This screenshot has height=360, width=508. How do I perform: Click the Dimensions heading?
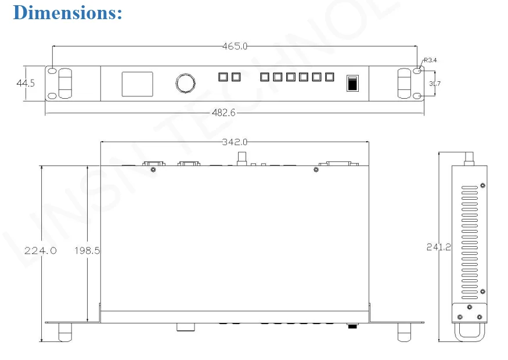(67, 13)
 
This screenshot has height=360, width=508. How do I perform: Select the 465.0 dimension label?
(235, 46)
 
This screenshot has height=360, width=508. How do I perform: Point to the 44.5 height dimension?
(26, 83)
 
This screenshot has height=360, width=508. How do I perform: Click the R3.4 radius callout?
(430, 60)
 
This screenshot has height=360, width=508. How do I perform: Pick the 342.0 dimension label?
(235, 141)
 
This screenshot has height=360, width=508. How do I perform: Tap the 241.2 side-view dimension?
(438, 247)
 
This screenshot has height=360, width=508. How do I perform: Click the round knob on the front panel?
(185, 83)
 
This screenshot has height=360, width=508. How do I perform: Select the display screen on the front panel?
(137, 84)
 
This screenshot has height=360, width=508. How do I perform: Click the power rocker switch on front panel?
(352, 83)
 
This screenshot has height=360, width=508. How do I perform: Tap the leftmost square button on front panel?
(222, 77)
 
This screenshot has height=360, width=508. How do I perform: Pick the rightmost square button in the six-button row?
(330, 77)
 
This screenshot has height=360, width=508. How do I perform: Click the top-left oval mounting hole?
(52, 71)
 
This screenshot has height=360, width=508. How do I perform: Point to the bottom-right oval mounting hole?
(417, 96)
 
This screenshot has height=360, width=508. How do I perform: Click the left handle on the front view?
(65, 83)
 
